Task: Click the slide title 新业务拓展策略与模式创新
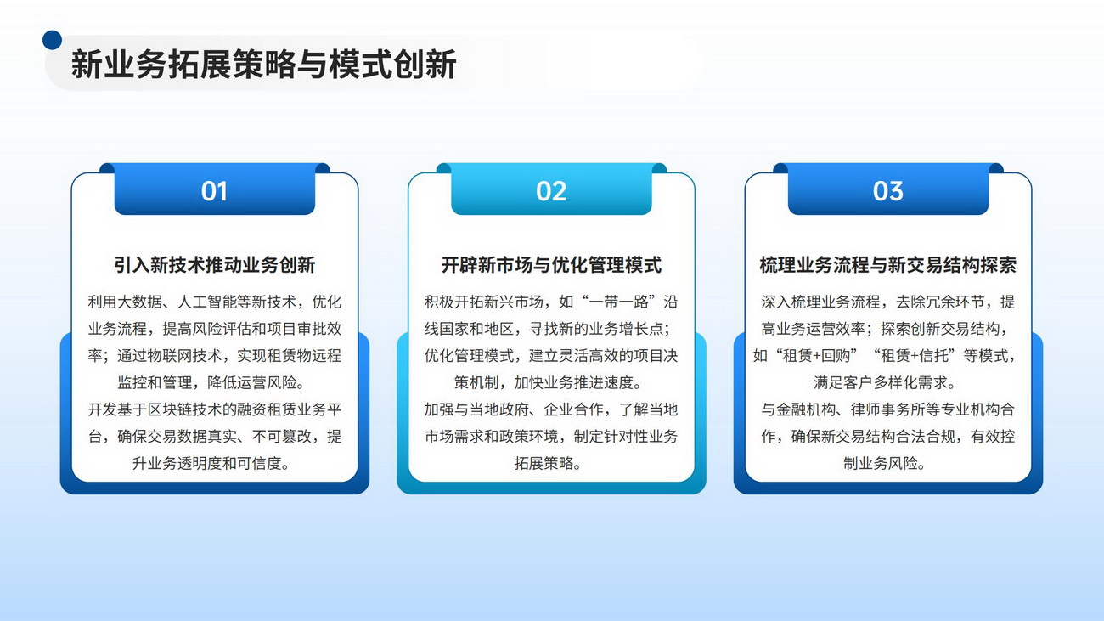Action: (x=263, y=64)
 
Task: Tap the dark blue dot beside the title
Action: (x=52, y=40)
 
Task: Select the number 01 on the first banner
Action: (x=214, y=191)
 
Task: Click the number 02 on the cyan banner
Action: (x=551, y=191)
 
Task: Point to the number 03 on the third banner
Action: (x=888, y=191)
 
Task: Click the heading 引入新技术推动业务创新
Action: (x=214, y=265)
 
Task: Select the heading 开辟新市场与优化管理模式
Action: (x=551, y=265)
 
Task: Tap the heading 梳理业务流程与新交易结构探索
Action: (x=888, y=265)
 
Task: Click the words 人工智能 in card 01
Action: (x=207, y=302)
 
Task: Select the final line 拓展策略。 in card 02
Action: (x=548, y=463)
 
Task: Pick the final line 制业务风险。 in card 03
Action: (x=885, y=463)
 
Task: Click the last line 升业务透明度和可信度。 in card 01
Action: (x=211, y=463)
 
